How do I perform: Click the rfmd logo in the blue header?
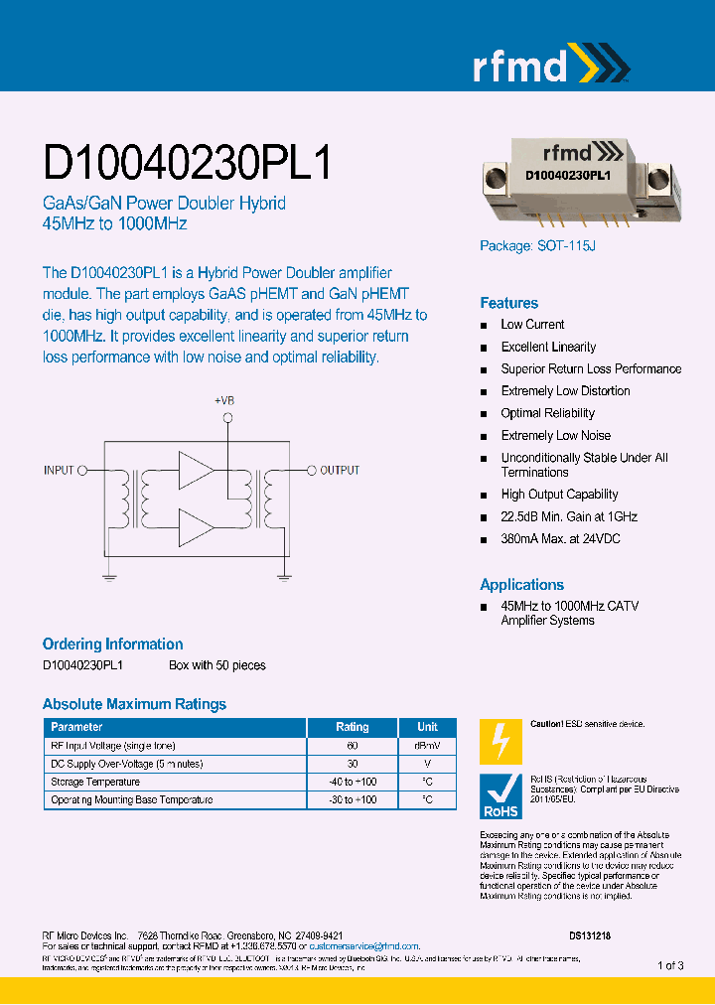[549, 66]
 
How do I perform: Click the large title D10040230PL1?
[188, 162]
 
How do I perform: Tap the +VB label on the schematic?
[225, 401]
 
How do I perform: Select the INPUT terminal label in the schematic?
[60, 470]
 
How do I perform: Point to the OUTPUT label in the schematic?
[340, 470]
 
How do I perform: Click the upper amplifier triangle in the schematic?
[197, 469]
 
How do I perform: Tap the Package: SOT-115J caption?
[537, 246]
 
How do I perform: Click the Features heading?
[508, 303]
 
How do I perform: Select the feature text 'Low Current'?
[532, 325]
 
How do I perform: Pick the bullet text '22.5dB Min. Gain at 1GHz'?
[569, 516]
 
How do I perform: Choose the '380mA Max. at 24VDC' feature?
[561, 539]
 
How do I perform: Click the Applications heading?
[521, 585]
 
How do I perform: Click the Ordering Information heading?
[112, 644]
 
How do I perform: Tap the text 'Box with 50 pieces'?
[216, 665]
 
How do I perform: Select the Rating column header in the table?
[352, 727]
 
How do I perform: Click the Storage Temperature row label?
[95, 782]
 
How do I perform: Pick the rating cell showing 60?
[352, 746]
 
